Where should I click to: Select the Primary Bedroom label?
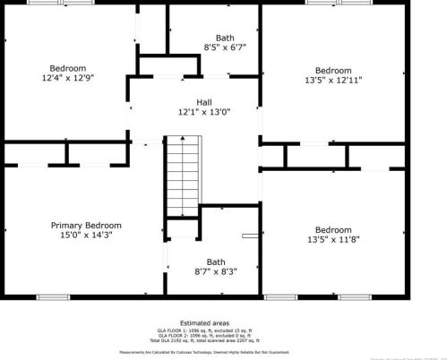pyautogui.click(x=86, y=225)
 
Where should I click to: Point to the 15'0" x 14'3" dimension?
pyautogui.click(x=86, y=235)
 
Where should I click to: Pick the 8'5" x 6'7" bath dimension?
pyautogui.click(x=213, y=47)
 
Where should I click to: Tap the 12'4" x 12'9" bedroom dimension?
pyautogui.click(x=68, y=78)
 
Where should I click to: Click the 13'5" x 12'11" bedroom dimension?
pyautogui.click(x=333, y=80)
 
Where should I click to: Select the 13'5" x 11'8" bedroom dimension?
pyautogui.click(x=333, y=239)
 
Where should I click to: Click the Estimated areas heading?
pyautogui.click(x=205, y=322)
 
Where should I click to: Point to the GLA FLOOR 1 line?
pyautogui.click(x=205, y=330)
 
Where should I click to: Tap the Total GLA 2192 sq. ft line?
pyautogui.click(x=205, y=340)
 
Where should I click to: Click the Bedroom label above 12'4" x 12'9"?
pyautogui.click(x=68, y=68)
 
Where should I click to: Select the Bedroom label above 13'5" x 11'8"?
pyautogui.click(x=333, y=229)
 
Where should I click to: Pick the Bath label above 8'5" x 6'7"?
pyautogui.click(x=213, y=37)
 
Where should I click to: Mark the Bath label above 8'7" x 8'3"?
pyautogui.click(x=215, y=261)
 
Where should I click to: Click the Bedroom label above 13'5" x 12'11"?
pyautogui.click(x=333, y=70)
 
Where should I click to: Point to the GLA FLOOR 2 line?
pyautogui.click(x=205, y=336)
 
